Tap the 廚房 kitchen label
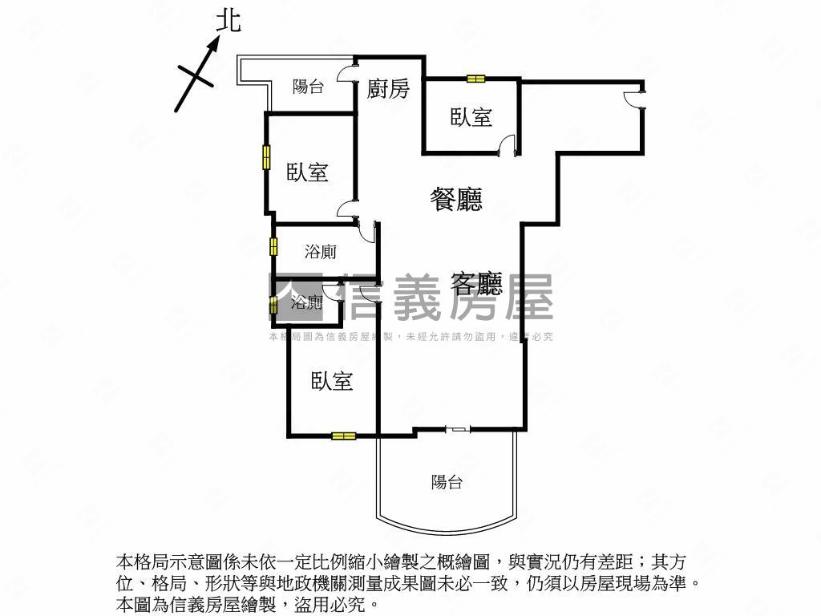click(x=388, y=88)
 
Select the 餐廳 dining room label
click(x=456, y=199)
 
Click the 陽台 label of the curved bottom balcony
click(x=447, y=482)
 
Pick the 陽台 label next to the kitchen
click(x=308, y=87)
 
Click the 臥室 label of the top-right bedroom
click(x=471, y=117)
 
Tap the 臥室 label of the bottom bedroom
click(x=332, y=381)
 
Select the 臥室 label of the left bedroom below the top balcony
click(x=307, y=172)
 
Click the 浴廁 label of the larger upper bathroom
click(x=321, y=252)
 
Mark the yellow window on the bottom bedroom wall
click(x=343, y=436)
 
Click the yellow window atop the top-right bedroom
click(x=476, y=79)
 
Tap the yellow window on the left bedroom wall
click(x=266, y=156)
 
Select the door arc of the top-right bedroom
click(x=505, y=147)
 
